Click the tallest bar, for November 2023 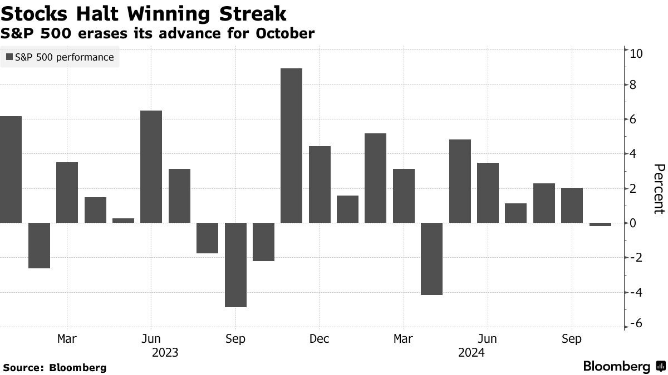pyautogui.click(x=291, y=146)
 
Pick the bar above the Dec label pyautogui.click(x=320, y=184)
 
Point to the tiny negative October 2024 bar pyautogui.click(x=600, y=224)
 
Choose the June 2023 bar pyautogui.click(x=151, y=167)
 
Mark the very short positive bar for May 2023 pyautogui.click(x=123, y=221)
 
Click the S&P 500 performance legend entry pyautogui.click(x=60, y=57)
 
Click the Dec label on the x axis pyautogui.click(x=320, y=338)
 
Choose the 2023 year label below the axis pyautogui.click(x=165, y=352)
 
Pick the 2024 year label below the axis pyautogui.click(x=471, y=352)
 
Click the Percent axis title pyautogui.click(x=659, y=189)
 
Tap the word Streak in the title pyautogui.click(x=253, y=13)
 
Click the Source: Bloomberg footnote pyautogui.click(x=55, y=367)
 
